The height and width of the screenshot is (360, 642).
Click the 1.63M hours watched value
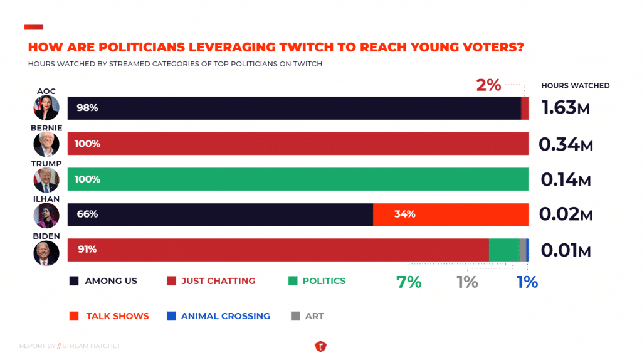click(565, 108)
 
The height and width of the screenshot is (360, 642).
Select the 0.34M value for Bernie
click(566, 144)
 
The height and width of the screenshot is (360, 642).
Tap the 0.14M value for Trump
click(566, 180)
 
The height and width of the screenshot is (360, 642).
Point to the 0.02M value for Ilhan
click(566, 215)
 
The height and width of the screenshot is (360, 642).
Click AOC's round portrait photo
click(46, 108)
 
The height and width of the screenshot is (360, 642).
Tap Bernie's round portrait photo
click(46, 144)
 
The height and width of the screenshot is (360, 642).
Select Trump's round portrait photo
click(46, 180)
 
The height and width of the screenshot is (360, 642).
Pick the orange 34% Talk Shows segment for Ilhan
click(451, 214)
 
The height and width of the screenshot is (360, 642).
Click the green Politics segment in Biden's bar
click(503, 250)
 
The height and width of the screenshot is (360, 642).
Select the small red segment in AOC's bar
click(525, 108)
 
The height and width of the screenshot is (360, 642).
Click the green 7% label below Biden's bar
click(409, 282)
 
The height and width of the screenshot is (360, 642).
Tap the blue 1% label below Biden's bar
click(527, 282)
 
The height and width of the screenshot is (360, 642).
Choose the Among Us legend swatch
click(74, 281)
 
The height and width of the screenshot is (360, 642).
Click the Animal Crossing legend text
click(225, 316)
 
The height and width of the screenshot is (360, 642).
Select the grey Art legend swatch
click(295, 316)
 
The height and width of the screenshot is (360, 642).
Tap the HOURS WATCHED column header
click(575, 85)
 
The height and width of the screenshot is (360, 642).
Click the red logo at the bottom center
click(320, 346)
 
